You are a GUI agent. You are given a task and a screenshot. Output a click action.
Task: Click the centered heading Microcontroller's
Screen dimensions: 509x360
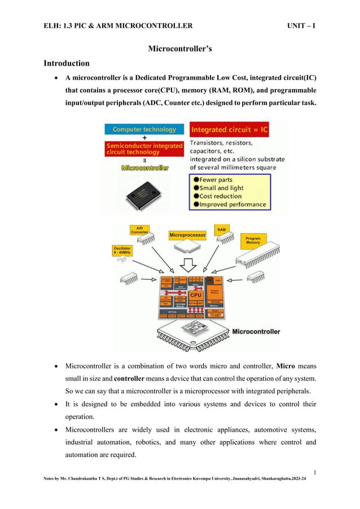coord(179,50)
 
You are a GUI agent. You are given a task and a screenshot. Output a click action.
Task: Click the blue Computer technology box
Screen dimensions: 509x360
coord(144,129)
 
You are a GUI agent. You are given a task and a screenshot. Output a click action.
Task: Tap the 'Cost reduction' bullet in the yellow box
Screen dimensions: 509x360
coord(223,195)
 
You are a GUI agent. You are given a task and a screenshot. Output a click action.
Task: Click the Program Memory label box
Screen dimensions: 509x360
coord(253,241)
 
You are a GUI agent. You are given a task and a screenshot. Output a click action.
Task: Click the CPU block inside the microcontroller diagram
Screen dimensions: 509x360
coord(195,295)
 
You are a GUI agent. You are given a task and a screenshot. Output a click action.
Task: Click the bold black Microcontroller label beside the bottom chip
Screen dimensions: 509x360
coord(256,331)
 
